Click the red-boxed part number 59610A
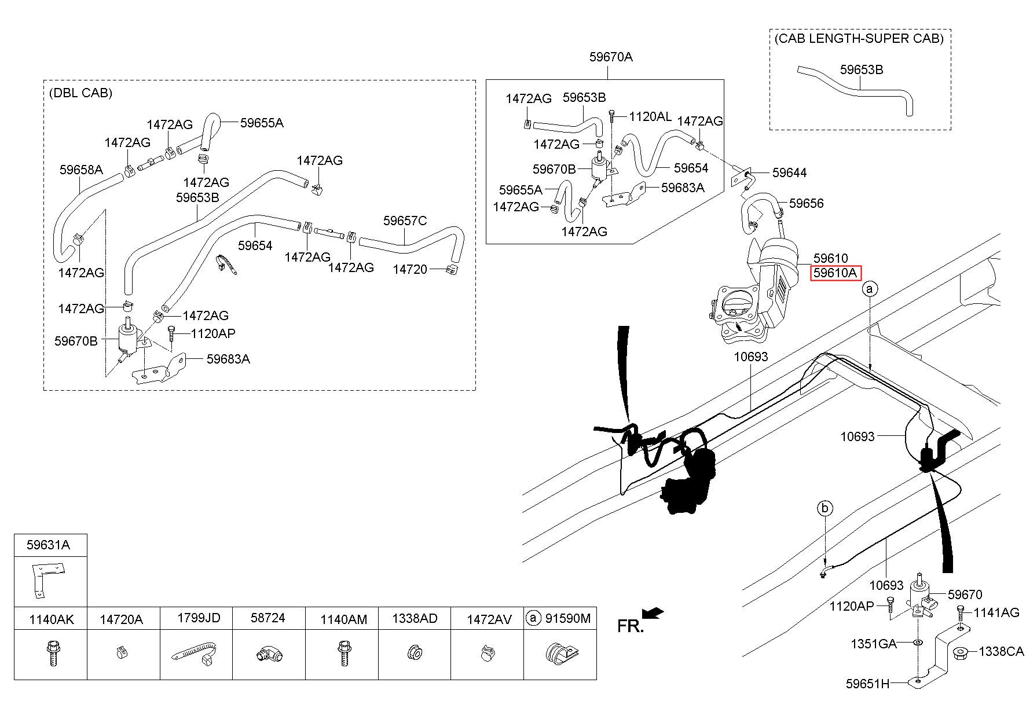pyautogui.click(x=836, y=273)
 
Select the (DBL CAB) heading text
pyautogui.click(x=81, y=93)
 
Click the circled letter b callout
pyautogui.click(x=825, y=509)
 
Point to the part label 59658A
pyautogui.click(x=81, y=170)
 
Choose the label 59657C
pyautogui.click(x=405, y=221)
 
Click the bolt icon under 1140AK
pyautogui.click(x=51, y=652)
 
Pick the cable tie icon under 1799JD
pyautogui.click(x=196, y=652)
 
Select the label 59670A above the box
pyautogui.click(x=611, y=57)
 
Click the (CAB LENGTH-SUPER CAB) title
pyautogui.click(x=859, y=38)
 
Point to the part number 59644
pyautogui.click(x=789, y=173)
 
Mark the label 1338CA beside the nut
pyautogui.click(x=1001, y=652)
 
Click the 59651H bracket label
pyautogui.click(x=867, y=684)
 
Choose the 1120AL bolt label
pyautogui.click(x=650, y=117)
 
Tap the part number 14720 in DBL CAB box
pyautogui.click(x=410, y=269)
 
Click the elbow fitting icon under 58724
pyautogui.click(x=268, y=654)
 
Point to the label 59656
pyautogui.click(x=806, y=203)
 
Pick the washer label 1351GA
pyautogui.click(x=873, y=644)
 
